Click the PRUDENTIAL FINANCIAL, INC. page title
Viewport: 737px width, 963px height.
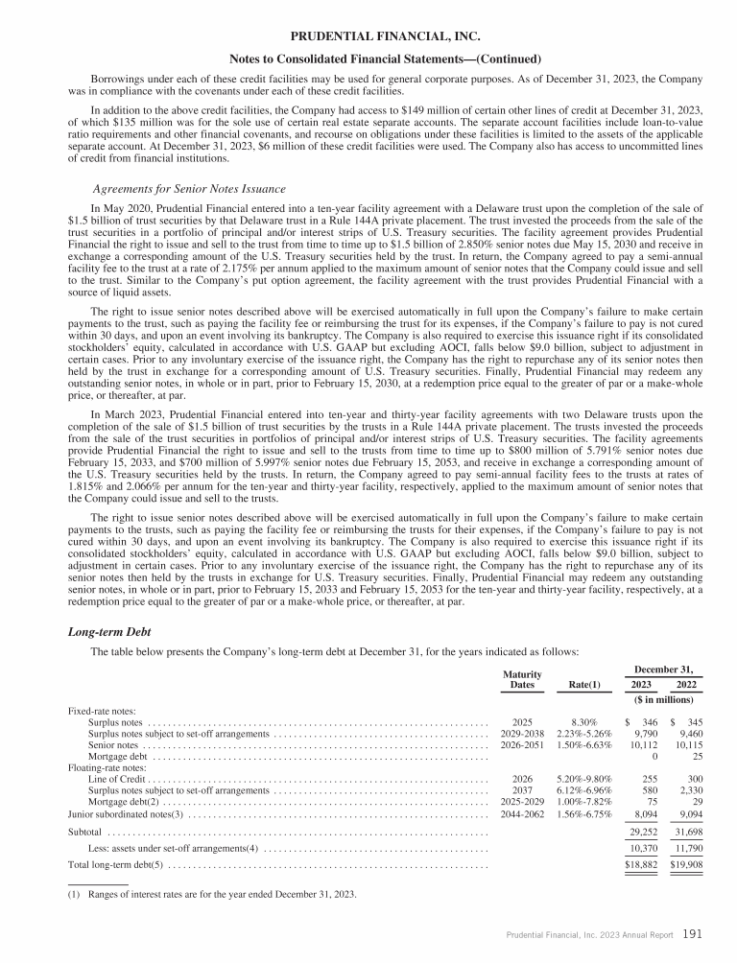point(368,36)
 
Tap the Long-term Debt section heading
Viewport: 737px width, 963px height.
point(105,633)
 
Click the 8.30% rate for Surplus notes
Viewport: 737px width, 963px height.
point(584,720)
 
